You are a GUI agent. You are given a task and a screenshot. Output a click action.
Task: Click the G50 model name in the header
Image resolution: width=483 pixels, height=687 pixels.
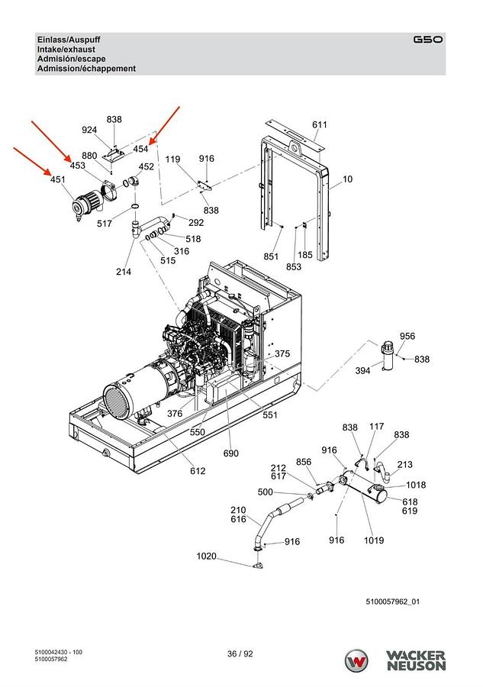tap(427, 40)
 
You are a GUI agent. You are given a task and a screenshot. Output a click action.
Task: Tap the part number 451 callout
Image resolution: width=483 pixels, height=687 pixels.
tap(58, 179)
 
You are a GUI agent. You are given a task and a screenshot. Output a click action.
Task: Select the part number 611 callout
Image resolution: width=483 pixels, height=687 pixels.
tap(319, 124)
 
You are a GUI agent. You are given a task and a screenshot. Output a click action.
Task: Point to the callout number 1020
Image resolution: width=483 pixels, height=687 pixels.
tap(206, 556)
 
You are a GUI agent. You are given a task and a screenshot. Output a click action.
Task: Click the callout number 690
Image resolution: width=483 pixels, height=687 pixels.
tap(230, 453)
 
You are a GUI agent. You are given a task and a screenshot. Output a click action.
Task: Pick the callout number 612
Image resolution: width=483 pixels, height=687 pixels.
tap(198, 470)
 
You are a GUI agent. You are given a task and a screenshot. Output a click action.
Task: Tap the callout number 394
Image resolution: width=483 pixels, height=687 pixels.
tap(362, 371)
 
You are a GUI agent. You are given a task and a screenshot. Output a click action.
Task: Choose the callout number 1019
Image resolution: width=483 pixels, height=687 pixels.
tap(374, 540)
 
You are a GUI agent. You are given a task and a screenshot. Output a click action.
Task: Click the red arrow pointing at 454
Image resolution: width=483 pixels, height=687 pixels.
tap(165, 125)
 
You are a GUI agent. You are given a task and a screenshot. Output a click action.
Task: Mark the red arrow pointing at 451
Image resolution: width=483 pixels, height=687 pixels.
tap(32, 161)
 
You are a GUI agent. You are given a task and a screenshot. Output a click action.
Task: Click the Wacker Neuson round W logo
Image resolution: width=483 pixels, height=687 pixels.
tap(356, 661)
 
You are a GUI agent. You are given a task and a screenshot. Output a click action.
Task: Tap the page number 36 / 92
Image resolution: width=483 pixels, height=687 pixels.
tap(240, 653)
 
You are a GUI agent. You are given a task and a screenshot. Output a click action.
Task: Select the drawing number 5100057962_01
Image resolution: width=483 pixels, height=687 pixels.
tap(392, 602)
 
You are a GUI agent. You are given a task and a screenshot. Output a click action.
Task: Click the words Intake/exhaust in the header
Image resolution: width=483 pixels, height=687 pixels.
tap(66, 49)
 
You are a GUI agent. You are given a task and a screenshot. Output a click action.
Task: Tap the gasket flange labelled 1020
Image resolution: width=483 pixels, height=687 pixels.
tap(257, 565)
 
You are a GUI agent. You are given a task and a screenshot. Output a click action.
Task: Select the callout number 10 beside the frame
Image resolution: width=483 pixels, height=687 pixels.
tap(347, 179)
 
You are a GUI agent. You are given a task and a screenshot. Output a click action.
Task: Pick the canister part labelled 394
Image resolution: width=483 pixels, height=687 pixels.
tap(388, 356)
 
